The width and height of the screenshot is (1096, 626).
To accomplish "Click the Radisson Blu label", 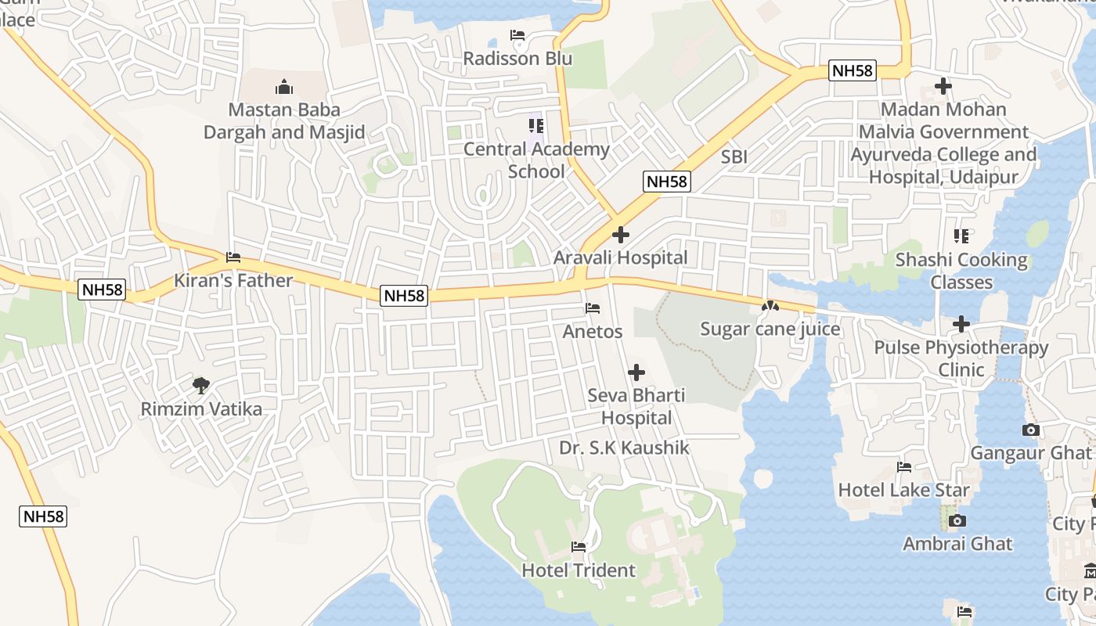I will pyautogui.click(x=517, y=59).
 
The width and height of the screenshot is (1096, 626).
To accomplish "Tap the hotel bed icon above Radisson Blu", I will pyautogui.click(x=517, y=35).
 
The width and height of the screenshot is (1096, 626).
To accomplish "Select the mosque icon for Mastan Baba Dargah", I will pyautogui.click(x=284, y=86).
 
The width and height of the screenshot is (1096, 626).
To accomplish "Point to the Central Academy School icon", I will pyautogui.click(x=536, y=125).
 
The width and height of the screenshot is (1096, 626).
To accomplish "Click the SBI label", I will pyautogui.click(x=734, y=157).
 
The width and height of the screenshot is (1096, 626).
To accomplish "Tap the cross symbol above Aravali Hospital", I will pyautogui.click(x=621, y=234).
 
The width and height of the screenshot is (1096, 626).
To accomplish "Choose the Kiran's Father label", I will pyautogui.click(x=233, y=280).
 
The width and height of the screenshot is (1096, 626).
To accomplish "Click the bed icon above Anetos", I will pyautogui.click(x=593, y=308).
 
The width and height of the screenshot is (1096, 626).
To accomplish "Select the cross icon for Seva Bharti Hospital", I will pyautogui.click(x=636, y=372).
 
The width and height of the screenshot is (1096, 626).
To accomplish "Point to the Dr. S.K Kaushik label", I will pyautogui.click(x=624, y=448).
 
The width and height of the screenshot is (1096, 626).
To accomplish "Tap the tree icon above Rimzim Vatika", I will pyautogui.click(x=201, y=385).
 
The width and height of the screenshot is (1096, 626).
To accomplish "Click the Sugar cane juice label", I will pyautogui.click(x=770, y=329).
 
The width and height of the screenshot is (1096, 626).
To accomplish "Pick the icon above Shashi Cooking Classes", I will pyautogui.click(x=961, y=236).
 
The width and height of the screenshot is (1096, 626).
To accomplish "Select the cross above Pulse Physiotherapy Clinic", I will pyautogui.click(x=961, y=324).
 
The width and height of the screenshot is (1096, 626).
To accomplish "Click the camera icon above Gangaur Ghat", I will pyautogui.click(x=1030, y=430).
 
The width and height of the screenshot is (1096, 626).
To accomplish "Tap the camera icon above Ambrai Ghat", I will pyautogui.click(x=957, y=520).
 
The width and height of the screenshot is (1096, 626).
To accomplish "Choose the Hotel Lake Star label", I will pyautogui.click(x=903, y=490).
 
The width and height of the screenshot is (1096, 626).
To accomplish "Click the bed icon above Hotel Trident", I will pyautogui.click(x=579, y=546).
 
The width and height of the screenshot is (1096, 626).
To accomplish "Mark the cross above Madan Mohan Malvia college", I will pyautogui.click(x=943, y=86).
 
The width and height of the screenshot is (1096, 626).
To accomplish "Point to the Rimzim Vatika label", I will pyautogui.click(x=201, y=408).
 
